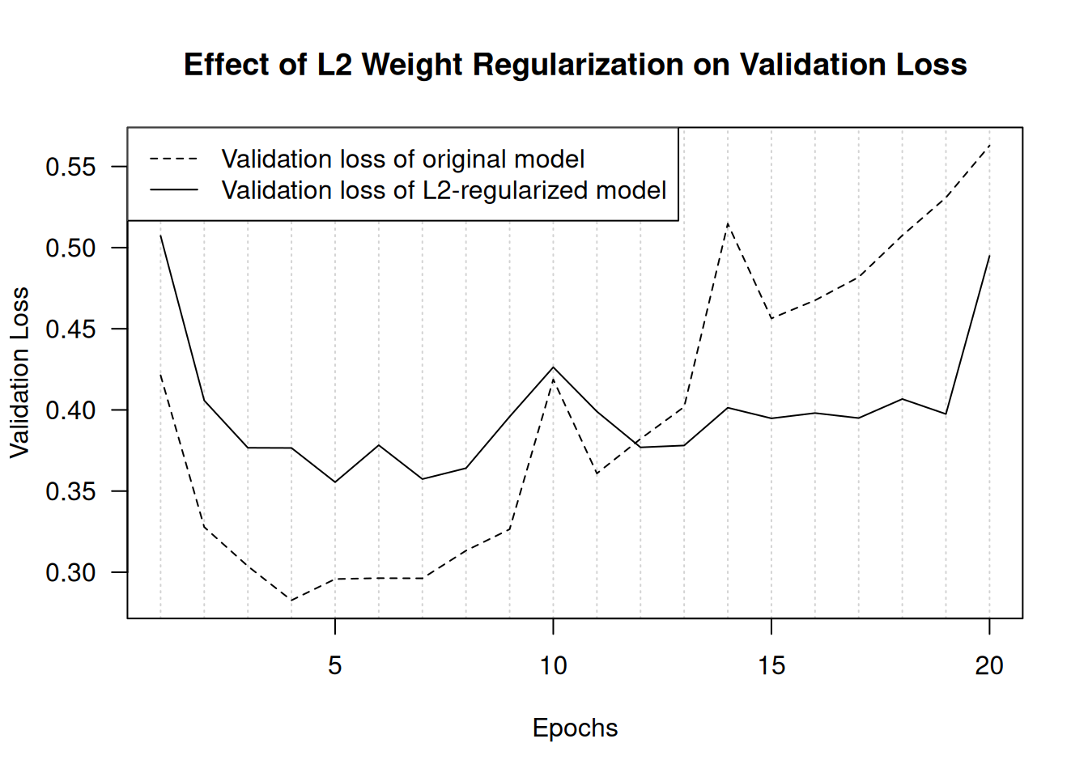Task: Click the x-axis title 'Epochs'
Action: [575, 728]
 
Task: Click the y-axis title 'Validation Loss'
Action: [19, 372]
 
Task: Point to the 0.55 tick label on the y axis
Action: [70, 168]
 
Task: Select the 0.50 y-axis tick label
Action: [70, 248]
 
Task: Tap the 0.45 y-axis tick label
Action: [70, 329]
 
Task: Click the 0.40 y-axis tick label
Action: [70, 410]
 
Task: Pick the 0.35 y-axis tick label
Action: [70, 492]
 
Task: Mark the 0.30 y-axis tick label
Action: [70, 573]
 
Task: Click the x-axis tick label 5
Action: [335, 666]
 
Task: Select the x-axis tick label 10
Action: [553, 666]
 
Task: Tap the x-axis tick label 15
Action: [771, 666]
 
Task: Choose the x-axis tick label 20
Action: [989, 666]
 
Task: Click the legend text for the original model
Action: [403, 159]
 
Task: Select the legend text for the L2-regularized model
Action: [444, 190]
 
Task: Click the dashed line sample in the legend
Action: [173, 159]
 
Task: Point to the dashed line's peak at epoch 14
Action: [728, 223]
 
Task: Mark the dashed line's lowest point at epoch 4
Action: [291, 601]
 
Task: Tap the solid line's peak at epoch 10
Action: [553, 367]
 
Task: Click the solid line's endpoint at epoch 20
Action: [989, 256]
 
